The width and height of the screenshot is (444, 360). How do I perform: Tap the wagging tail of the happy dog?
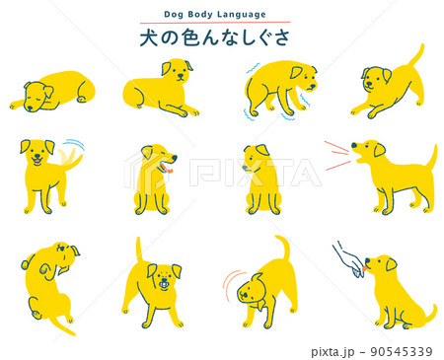tap(71, 155)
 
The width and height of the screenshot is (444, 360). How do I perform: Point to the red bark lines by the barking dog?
tap(337, 154)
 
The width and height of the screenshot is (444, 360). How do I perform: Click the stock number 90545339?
tap(399, 351)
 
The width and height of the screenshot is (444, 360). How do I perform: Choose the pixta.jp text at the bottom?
tap(334, 351)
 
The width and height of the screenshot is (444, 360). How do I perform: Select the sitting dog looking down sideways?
tap(259, 178)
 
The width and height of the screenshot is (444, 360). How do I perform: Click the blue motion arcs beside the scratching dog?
tap(230, 285)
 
